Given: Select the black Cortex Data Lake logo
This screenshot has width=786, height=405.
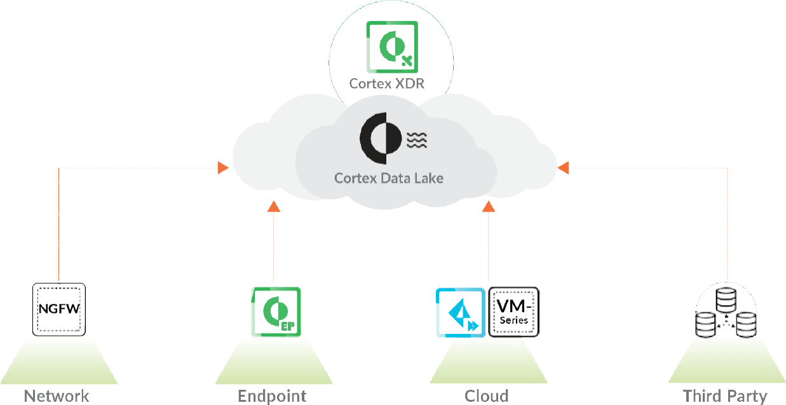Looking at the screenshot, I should (x=380, y=137).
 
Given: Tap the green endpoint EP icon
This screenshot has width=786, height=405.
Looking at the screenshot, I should (x=276, y=312).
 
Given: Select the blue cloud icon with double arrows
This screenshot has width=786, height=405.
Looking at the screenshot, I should (x=459, y=312).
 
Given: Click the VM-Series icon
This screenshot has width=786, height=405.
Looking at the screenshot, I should (x=513, y=312).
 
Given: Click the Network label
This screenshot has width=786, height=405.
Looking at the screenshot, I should (x=57, y=396).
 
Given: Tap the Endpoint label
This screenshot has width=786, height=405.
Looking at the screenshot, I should (x=272, y=396).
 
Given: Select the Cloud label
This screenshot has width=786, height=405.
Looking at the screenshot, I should (x=486, y=396).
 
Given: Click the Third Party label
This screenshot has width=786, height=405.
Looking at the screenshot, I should (x=725, y=396).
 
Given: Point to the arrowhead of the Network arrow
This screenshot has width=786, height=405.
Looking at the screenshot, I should (x=222, y=168).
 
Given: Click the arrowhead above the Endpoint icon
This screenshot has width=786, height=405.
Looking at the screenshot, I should (x=274, y=205).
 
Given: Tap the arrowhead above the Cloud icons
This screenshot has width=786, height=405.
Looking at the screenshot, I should (x=488, y=205).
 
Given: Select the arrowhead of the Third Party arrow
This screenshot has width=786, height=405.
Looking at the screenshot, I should (x=563, y=168).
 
